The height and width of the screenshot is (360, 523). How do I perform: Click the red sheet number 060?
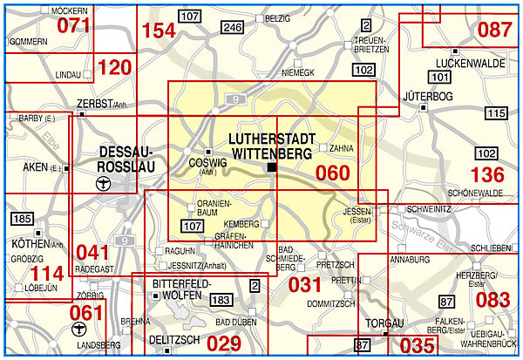332,173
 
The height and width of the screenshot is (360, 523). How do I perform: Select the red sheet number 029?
224,343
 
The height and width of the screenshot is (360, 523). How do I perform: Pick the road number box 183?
221,300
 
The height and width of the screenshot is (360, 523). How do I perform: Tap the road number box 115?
495,113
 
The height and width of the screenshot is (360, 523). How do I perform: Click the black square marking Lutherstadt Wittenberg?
272,167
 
